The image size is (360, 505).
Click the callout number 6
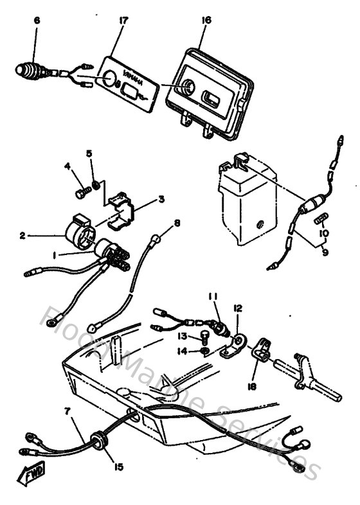[37, 21]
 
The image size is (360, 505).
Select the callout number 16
[206, 21]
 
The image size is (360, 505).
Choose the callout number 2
[22, 236]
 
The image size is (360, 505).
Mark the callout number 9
[325, 253]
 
